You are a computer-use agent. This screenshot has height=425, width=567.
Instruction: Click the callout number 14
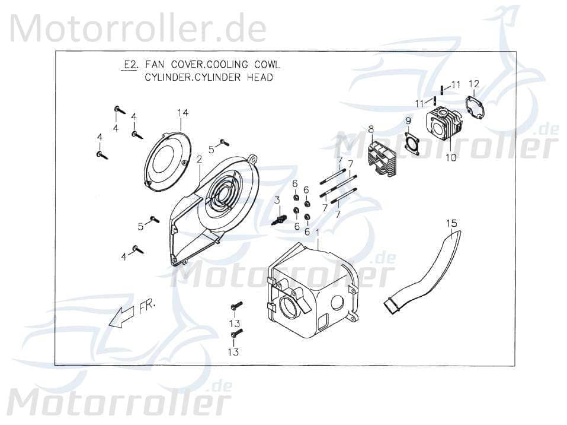tap(182, 113)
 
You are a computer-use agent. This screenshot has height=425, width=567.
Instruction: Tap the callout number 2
tap(200, 159)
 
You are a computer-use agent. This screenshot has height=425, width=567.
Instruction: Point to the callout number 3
tap(277, 201)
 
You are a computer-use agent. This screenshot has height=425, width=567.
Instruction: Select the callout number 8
tap(371, 129)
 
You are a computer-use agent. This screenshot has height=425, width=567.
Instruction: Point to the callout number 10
tap(451, 158)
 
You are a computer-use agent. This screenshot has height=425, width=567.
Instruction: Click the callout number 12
tap(473, 83)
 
